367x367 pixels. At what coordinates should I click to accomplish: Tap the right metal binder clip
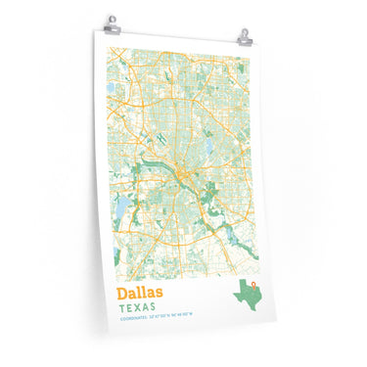tap(245, 37)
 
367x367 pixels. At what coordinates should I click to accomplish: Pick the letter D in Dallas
tap(123, 294)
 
